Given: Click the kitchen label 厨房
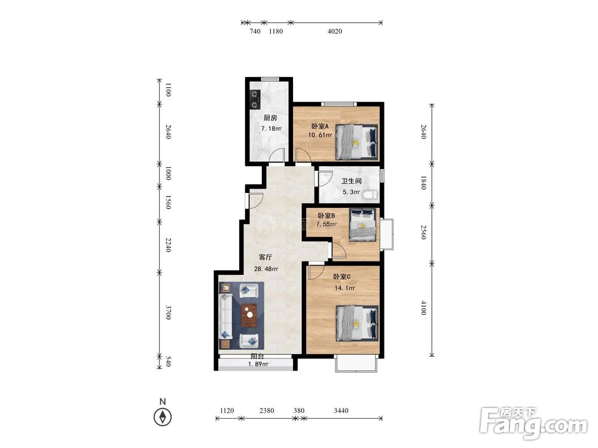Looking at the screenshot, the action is tap(270, 118).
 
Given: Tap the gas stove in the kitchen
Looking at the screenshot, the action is tap(255, 99).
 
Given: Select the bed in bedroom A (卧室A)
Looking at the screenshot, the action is tap(357, 142).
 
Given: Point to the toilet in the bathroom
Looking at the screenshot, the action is tap(370, 195).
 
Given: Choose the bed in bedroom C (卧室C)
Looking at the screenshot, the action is tap(357, 323).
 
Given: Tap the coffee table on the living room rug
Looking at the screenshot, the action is tap(249, 315).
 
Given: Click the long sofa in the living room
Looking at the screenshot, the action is tap(226, 315).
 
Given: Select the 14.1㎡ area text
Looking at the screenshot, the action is tap(345, 288).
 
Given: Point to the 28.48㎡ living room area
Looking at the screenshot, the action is tap(266, 269).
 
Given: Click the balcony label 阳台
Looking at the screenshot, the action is tap(257, 357).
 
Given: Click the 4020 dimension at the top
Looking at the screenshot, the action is tap(335, 31).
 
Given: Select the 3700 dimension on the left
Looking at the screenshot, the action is tap(168, 312).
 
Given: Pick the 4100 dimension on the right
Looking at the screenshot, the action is tap(423, 308).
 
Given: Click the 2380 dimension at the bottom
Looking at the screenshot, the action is tap(267, 410).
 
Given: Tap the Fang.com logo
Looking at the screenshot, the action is tap(533, 422).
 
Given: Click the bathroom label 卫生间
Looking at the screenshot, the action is tap(351, 181).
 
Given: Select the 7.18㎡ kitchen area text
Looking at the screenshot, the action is tap(271, 129).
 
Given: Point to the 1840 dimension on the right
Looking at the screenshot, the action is tap(423, 183).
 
